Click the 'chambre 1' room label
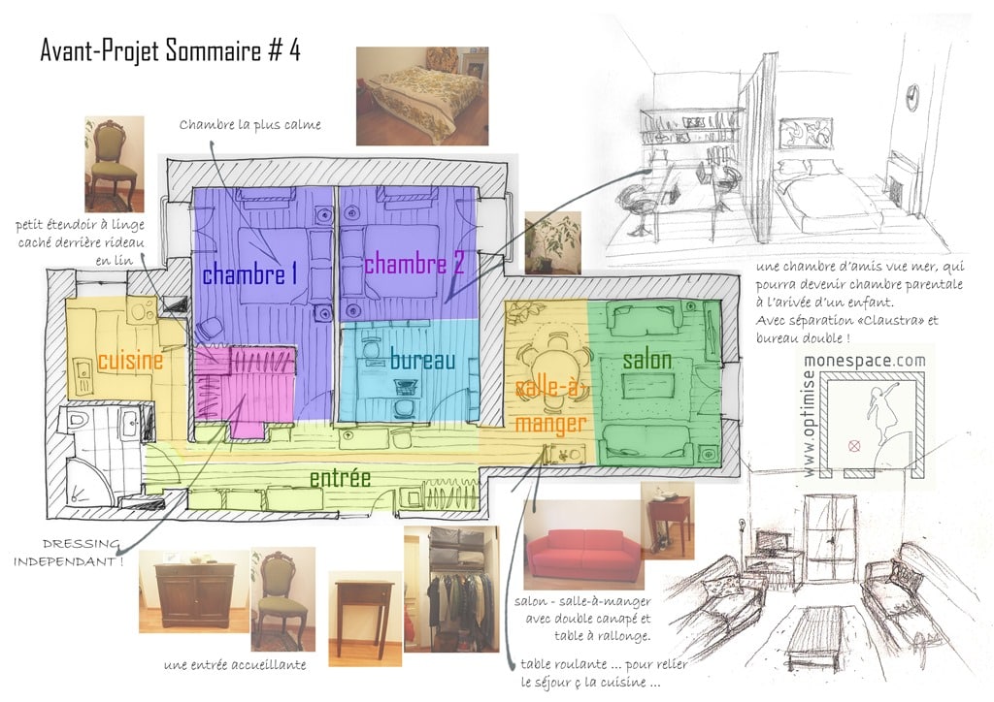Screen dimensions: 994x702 (249, 274)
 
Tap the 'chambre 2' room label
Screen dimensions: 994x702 (414, 263)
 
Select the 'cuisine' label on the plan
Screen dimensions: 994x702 (130, 360)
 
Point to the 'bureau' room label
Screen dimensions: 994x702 (423, 360)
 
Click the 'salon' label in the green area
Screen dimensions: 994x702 (646, 360)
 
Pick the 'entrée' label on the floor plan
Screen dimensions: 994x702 (341, 478)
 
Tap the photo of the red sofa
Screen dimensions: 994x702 (583, 544)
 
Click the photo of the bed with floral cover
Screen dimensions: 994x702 (422, 96)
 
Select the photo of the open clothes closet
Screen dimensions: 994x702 (451, 589)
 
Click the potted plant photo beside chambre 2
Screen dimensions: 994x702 (552, 242)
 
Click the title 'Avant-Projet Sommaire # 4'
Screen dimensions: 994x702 (170, 50)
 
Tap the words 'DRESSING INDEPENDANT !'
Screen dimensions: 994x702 (70, 553)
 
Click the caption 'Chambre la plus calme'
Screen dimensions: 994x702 (249, 125)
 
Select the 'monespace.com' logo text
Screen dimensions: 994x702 (865, 362)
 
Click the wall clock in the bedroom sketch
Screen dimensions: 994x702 (911, 97)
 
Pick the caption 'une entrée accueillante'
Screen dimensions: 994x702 (235, 664)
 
